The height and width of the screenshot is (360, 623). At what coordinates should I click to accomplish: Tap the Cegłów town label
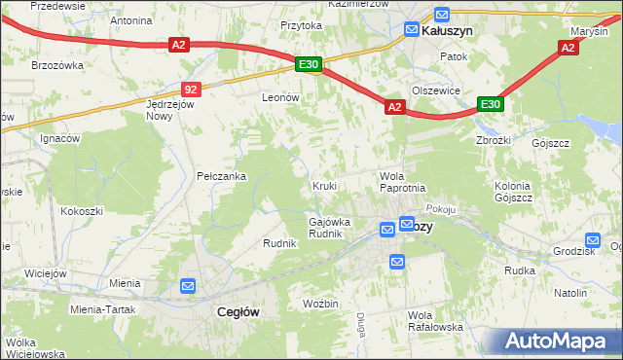[235, 311]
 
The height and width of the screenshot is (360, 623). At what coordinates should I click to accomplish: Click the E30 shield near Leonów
[309, 64]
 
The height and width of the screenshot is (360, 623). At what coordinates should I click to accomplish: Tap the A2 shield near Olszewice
[394, 108]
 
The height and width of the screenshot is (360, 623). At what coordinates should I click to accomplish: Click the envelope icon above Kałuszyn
[441, 15]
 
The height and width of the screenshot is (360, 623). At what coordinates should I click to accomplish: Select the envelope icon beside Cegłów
[188, 286]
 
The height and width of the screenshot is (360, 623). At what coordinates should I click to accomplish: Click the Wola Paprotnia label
[401, 180]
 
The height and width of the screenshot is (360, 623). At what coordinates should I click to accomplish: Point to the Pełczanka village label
[221, 176]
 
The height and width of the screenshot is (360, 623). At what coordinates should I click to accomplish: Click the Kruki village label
[324, 185]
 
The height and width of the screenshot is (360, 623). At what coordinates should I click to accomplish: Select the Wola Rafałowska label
[434, 321]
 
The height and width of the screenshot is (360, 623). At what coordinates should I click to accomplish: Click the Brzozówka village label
[56, 64]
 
